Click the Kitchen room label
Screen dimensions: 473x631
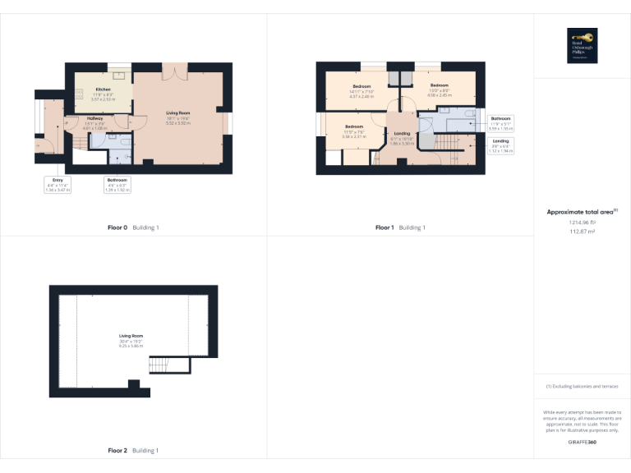click(103, 92)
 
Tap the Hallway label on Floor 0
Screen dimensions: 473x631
click(95, 122)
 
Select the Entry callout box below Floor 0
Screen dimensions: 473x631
click(58, 185)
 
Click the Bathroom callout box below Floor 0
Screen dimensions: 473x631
click(117, 185)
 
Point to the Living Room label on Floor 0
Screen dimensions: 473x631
click(178, 116)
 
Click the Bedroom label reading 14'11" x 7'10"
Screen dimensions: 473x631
click(362, 90)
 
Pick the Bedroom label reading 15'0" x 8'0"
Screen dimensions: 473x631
click(439, 90)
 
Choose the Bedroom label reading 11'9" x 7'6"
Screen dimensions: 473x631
click(353, 131)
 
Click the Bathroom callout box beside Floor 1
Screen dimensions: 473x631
click(500, 123)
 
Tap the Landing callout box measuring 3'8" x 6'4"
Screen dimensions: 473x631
click(500, 146)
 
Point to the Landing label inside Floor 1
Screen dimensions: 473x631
click(402, 136)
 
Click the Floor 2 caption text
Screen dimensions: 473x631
click(133, 451)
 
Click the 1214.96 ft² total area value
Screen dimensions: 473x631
click(582, 223)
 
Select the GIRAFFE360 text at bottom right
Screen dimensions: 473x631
click(582, 443)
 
